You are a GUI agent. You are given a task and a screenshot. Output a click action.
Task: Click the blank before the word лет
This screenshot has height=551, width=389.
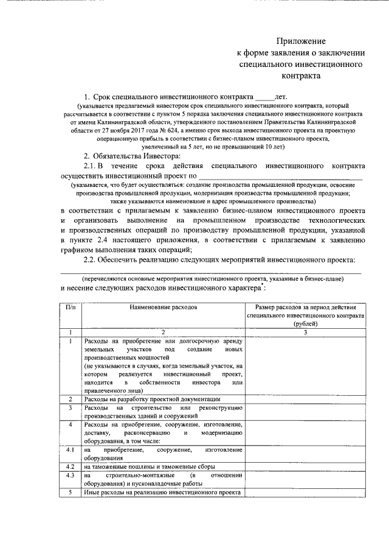(264, 97)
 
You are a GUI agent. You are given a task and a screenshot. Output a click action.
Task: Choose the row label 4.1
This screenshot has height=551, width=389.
(71, 449)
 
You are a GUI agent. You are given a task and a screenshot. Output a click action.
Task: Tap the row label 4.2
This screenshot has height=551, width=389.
(71, 466)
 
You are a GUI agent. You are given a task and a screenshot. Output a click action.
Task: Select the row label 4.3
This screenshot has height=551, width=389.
(71, 475)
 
